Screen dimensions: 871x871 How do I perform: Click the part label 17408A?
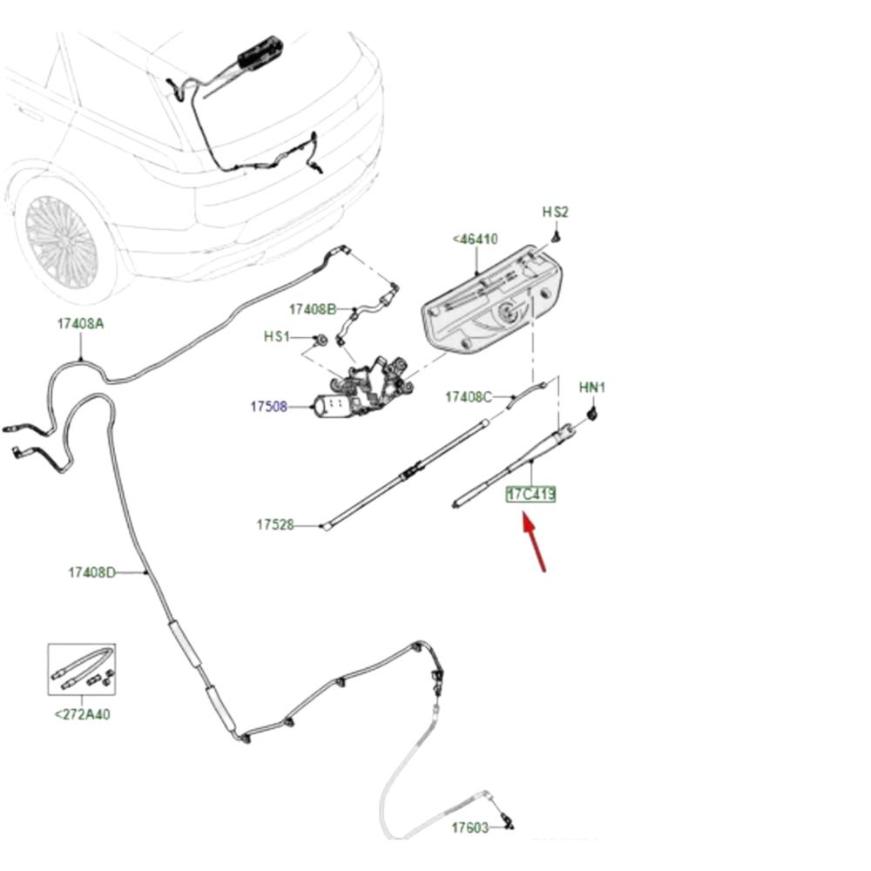[80, 323]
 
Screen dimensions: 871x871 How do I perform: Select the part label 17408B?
[312, 309]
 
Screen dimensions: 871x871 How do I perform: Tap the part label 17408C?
[468, 397]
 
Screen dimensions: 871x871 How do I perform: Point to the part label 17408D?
[91, 572]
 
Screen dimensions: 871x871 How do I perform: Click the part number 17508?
[268, 406]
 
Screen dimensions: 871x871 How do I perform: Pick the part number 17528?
[274, 525]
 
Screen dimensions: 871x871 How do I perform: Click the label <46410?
[475, 239]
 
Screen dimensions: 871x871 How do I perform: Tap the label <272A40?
[83, 715]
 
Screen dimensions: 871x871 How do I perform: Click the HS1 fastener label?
[276, 336]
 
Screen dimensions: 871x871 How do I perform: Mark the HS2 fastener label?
[555, 212]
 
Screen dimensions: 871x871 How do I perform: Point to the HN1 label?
[592, 387]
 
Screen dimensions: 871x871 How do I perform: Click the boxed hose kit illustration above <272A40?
[81, 669]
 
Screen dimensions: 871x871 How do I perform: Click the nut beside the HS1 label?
[321, 338]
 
